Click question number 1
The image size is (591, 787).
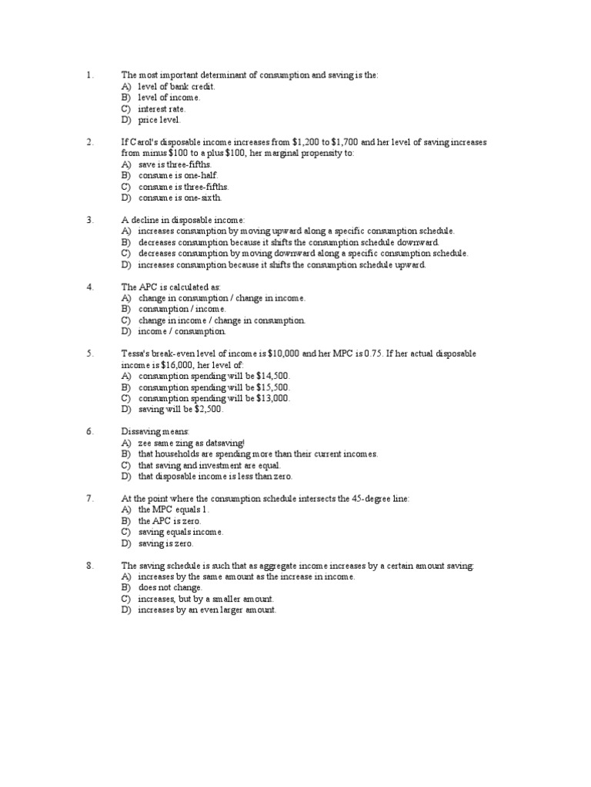pyautogui.click(x=89, y=75)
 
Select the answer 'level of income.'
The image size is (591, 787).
pyautogui.click(x=169, y=98)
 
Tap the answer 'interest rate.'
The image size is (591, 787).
pyautogui.click(x=162, y=109)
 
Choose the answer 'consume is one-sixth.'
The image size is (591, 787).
pyautogui.click(x=179, y=198)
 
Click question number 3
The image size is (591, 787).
pyautogui.click(x=89, y=220)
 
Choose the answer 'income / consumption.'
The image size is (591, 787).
pyautogui.click(x=182, y=331)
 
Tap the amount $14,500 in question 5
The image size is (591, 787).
pyautogui.click(x=273, y=376)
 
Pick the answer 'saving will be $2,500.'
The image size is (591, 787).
pyautogui.click(x=181, y=410)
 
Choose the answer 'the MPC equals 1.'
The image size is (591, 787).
pyautogui.click(x=174, y=510)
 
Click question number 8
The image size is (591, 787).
pyautogui.click(x=89, y=566)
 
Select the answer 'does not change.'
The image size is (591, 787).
pyautogui.click(x=170, y=587)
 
